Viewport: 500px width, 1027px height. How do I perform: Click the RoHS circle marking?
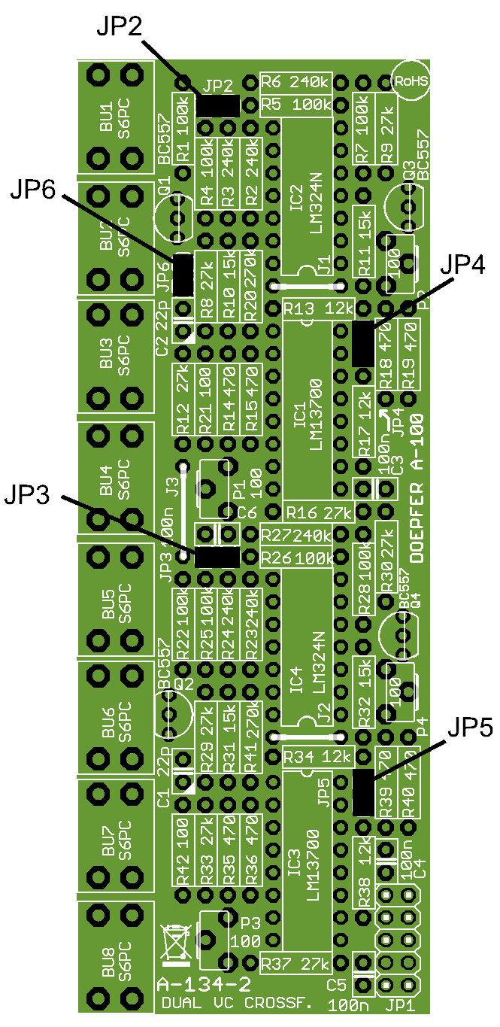tap(410, 80)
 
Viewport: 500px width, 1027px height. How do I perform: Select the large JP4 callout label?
tap(462, 264)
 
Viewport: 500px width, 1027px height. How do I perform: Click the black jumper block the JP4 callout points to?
tap(363, 343)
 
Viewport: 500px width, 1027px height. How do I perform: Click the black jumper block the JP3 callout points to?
tap(217, 558)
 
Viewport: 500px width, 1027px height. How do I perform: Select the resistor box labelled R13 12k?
tap(319, 308)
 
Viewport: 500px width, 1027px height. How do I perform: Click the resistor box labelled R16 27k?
tap(319, 514)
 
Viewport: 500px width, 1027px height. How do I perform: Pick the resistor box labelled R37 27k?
tap(296, 963)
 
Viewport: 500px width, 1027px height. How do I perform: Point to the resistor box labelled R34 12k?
tap(319, 755)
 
